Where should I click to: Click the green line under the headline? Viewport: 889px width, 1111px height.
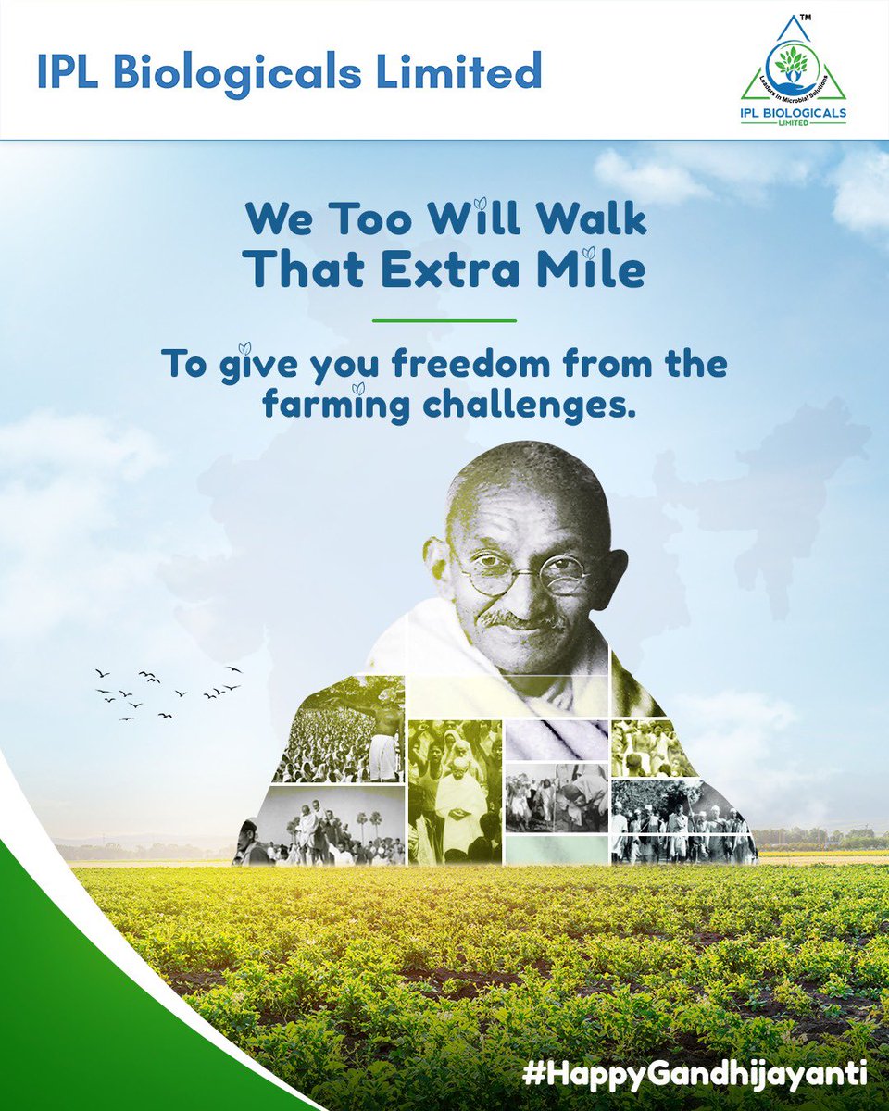tap(444, 320)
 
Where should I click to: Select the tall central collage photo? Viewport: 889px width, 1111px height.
tap(455, 792)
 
